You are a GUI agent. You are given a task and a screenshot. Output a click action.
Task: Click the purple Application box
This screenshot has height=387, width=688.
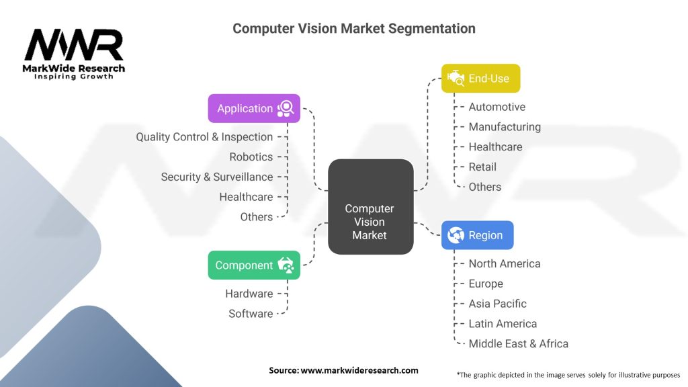[254, 108]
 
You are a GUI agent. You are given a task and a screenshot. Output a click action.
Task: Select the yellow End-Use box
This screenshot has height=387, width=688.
[481, 78]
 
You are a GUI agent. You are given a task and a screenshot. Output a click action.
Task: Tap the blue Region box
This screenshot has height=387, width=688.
[478, 235]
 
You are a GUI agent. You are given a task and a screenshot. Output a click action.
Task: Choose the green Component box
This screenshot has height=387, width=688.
[254, 265]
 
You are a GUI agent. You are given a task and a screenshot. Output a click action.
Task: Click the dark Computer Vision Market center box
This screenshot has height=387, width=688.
[371, 207]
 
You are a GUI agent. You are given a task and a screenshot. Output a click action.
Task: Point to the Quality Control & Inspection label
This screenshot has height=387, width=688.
[204, 137]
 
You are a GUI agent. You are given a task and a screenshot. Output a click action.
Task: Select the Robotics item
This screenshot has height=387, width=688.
[251, 157]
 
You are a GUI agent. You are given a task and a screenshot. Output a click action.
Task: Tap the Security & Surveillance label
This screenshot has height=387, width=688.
[217, 177]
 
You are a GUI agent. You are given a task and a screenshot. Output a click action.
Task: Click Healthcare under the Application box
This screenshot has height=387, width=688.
[246, 197]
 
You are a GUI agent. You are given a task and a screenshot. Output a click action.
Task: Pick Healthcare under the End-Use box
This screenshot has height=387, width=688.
[495, 146]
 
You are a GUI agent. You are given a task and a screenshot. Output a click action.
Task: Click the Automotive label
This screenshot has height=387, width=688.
[497, 107]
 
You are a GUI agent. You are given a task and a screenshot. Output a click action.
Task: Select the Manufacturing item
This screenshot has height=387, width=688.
[505, 127]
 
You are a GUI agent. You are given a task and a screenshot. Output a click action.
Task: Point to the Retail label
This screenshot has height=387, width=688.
[482, 167]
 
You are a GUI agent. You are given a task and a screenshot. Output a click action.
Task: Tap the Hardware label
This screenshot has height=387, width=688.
[249, 294]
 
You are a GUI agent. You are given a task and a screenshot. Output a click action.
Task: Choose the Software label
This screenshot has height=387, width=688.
[251, 314]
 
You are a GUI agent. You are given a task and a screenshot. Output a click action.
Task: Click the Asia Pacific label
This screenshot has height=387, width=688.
[498, 304]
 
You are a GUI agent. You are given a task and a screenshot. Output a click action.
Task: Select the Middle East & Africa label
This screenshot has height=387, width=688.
[518, 343]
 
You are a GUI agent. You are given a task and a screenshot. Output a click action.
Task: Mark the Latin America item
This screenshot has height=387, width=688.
[503, 324]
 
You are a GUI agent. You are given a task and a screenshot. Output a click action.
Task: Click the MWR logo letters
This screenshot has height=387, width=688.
[74, 45]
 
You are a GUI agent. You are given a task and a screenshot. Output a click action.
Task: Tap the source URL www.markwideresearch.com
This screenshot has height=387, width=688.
[359, 370]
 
